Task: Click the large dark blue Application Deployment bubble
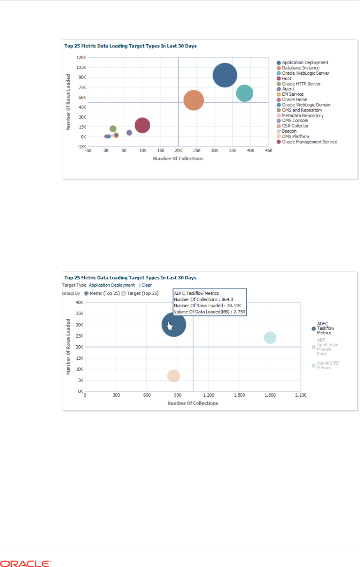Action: coord(225,75)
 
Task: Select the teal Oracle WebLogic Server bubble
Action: coord(244,93)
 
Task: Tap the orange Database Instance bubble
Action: coord(193,100)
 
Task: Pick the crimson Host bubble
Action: coord(142,125)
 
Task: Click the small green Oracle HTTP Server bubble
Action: coord(113,129)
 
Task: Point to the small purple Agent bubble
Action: coord(129,133)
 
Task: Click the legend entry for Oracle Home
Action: coord(294,100)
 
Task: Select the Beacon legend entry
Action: coord(289,131)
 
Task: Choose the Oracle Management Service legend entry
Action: coord(309,142)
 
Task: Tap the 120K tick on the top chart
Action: coord(81,58)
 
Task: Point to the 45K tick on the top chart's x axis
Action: coord(269,150)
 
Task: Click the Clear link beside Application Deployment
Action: coord(147,285)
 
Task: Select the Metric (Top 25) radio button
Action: coord(86,293)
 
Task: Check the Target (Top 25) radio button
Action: coord(123,293)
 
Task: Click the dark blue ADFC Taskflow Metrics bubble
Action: coord(174,325)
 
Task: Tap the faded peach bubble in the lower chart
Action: coord(174,376)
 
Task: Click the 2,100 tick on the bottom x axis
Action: coord(300,395)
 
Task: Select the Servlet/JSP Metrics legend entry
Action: coord(328,365)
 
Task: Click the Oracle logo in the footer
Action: coord(25,563)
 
